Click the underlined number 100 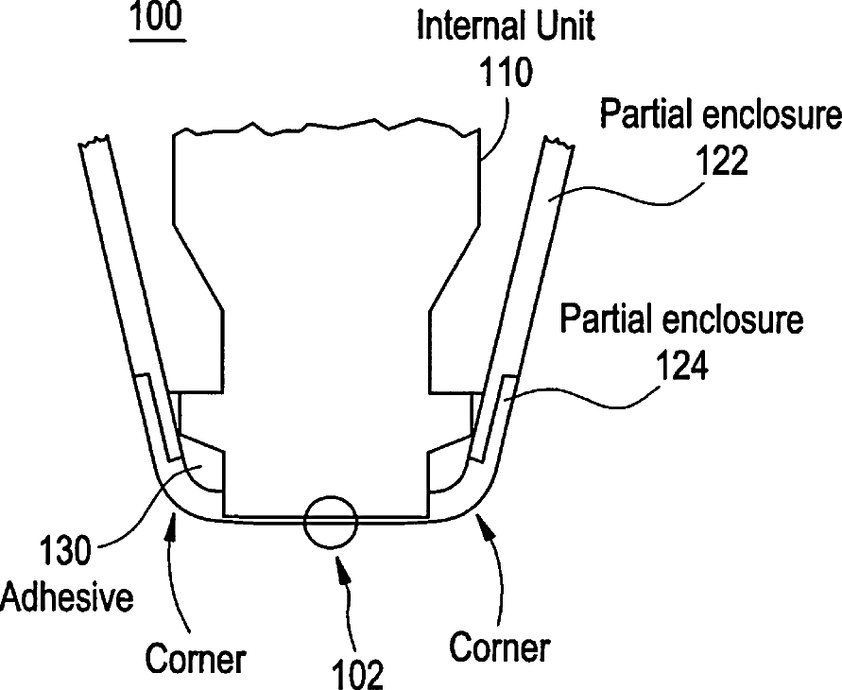(x=157, y=21)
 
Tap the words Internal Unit (x=507, y=26)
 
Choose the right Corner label (x=500, y=648)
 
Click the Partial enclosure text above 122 (x=721, y=116)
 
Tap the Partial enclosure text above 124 (x=681, y=319)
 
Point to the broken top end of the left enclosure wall (x=95, y=145)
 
